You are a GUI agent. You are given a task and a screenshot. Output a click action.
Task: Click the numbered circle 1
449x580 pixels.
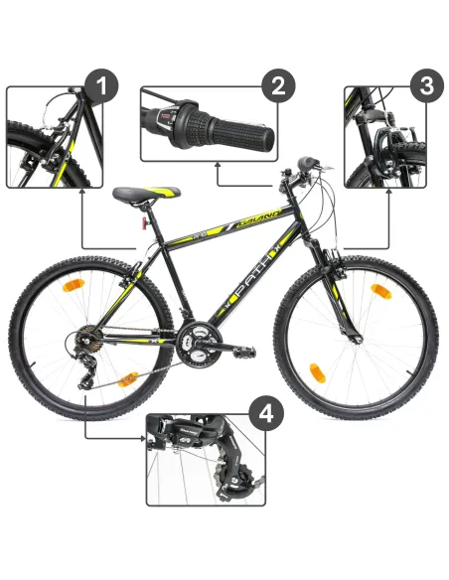(102, 87)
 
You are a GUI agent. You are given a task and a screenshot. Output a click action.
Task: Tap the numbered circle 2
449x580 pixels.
(278, 86)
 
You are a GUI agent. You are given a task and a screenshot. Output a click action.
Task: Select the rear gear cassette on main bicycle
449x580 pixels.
(87, 343)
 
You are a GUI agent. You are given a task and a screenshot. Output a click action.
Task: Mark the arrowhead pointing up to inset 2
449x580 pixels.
(217, 168)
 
